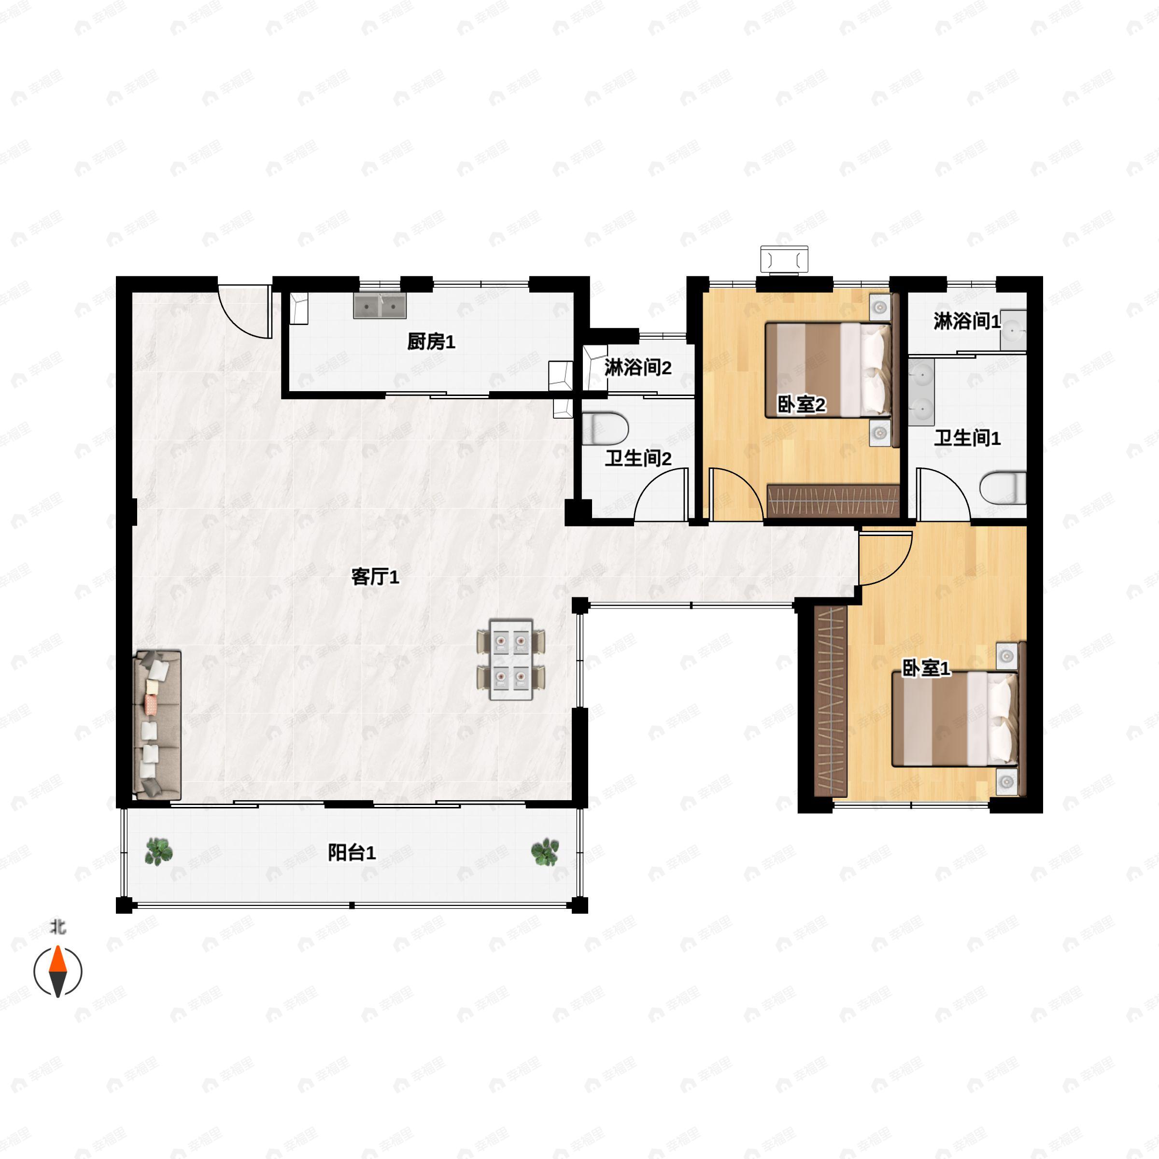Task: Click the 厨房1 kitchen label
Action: coord(431,342)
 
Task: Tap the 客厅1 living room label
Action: coord(375,577)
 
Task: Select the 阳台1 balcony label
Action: coord(352,852)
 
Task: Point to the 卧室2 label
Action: coord(802,405)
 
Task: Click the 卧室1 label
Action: coord(926,668)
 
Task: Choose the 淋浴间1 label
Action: coord(967,322)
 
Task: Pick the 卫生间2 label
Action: coord(637,459)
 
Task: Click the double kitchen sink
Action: coord(380,306)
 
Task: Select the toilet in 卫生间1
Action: coord(1003,488)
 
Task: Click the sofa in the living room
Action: coord(157,725)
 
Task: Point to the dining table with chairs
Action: coord(511,660)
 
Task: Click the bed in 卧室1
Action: coord(955,719)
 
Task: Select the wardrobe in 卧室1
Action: coord(831,701)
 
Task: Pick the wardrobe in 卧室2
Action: coord(833,501)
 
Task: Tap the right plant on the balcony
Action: coord(545,852)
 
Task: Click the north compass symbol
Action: coord(57,971)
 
